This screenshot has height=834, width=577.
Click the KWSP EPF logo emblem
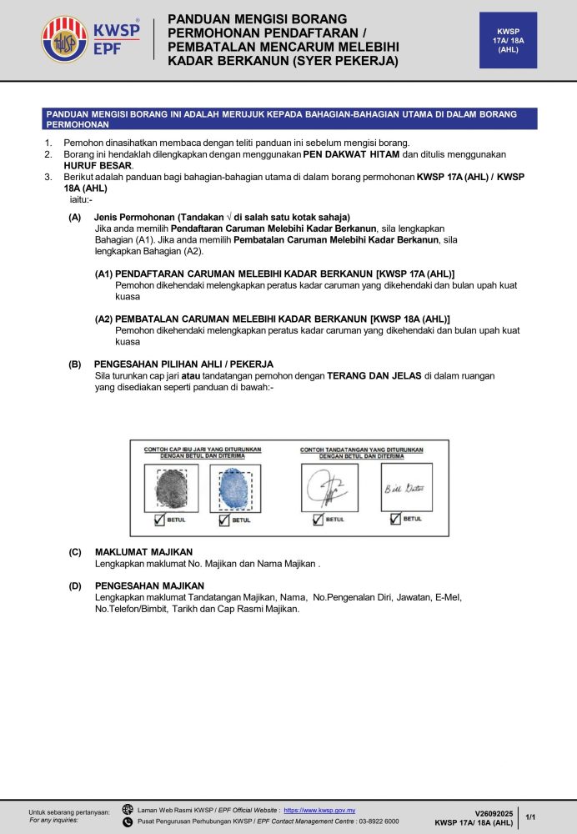pos(64,40)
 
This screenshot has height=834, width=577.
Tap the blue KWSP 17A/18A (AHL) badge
pos(508,40)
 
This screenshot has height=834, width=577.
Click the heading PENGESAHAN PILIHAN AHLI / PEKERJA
pos(183,364)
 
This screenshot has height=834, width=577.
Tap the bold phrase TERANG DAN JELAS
pos(374,376)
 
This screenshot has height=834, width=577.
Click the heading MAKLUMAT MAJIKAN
pos(143,552)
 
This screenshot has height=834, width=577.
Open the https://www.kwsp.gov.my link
pos(319,810)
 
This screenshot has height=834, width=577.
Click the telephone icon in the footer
pos(128,821)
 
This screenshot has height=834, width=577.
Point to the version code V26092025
pos(494,812)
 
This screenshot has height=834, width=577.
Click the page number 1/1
pos(531,817)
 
